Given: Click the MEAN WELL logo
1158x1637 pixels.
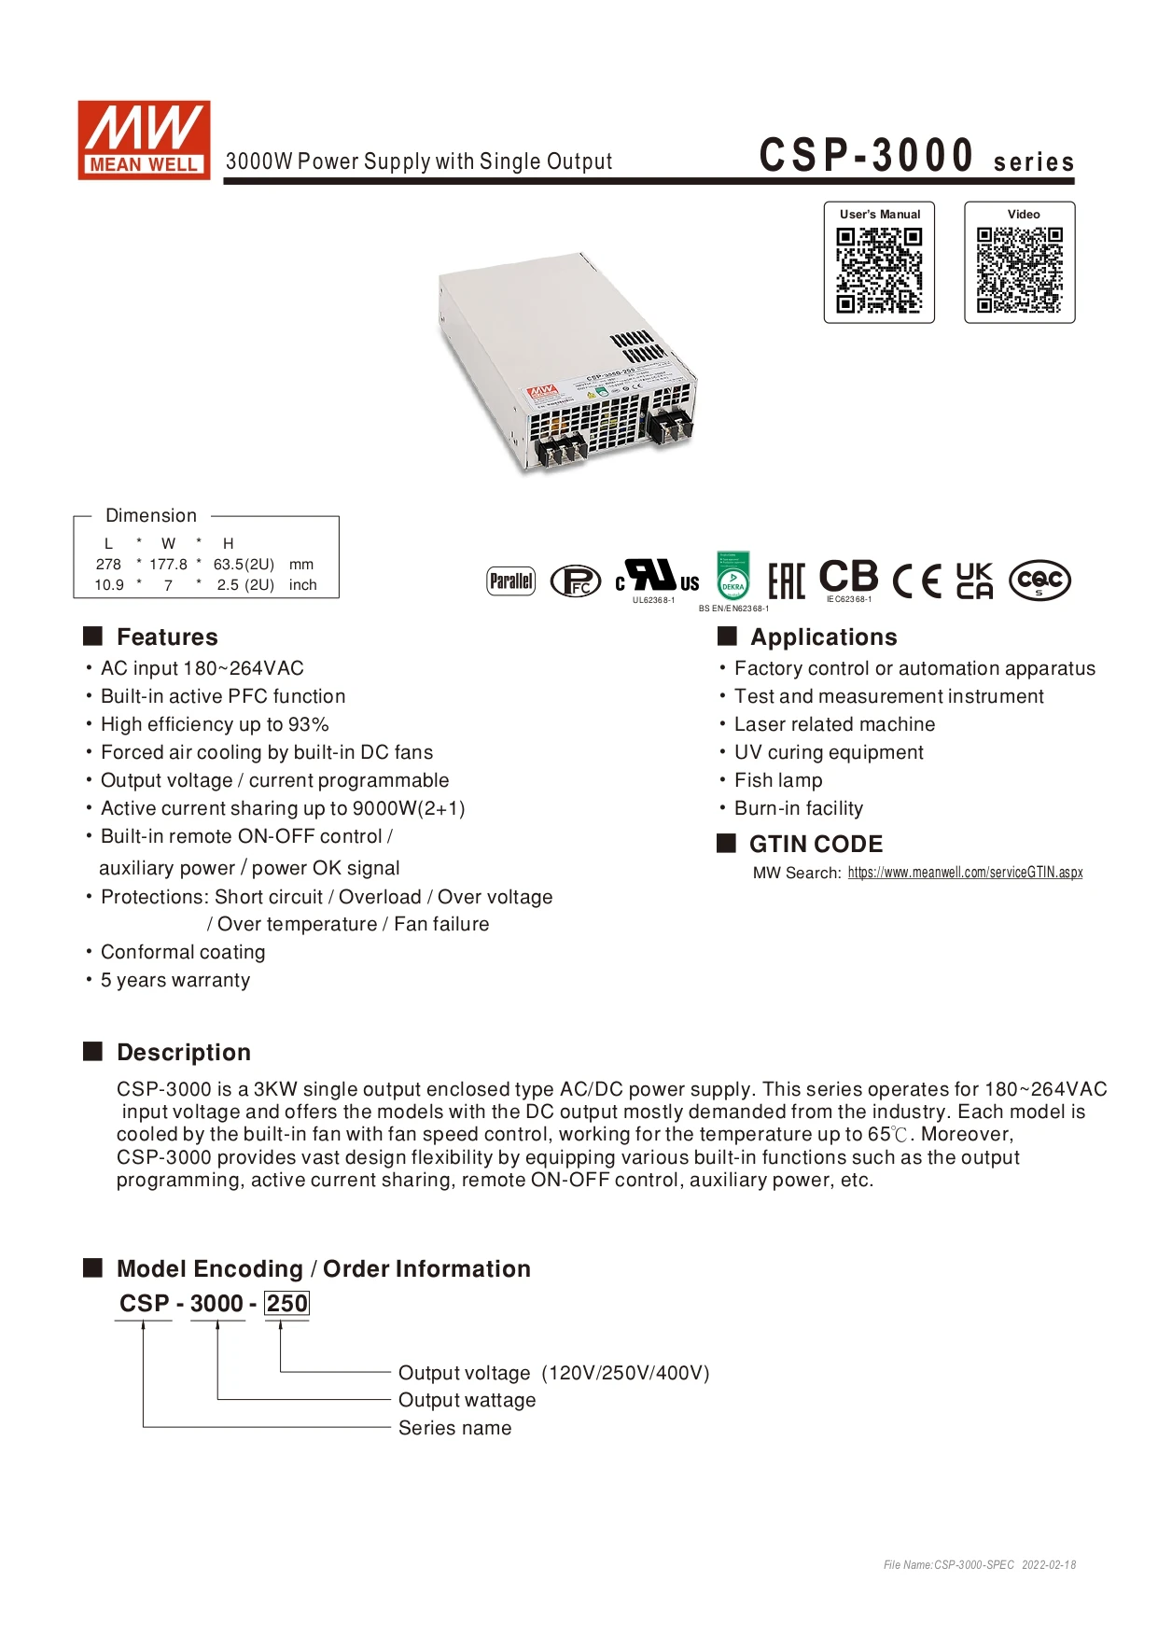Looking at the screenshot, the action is coord(144,140).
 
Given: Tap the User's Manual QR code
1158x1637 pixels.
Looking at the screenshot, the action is coord(879,272).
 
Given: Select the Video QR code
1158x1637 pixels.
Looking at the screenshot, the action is coord(1020,272).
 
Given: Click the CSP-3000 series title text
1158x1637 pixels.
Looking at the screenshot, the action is coord(916,155).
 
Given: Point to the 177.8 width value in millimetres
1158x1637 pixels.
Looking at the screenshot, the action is coord(168,565).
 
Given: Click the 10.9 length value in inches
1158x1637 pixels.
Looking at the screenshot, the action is coord(109,585).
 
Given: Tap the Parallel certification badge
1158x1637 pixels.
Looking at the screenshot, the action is coord(511,581).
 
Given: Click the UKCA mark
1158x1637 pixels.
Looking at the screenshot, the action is coord(975,581).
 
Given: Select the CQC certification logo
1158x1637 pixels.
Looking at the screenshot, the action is coord(1039,581).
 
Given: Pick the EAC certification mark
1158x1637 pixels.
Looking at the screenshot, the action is coord(786,581).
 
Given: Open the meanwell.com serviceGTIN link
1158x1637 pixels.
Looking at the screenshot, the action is coord(966,873).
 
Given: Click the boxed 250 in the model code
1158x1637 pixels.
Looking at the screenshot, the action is coord(286,1304).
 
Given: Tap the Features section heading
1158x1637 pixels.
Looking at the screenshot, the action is coord(167,637).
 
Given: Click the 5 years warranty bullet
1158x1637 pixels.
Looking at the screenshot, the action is coord(175,980).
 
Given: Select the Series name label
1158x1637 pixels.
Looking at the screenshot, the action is coord(454,1428).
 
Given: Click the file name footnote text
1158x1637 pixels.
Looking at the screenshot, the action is coord(980,1565).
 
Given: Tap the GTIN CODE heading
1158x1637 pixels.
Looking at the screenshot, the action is coord(816,845).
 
